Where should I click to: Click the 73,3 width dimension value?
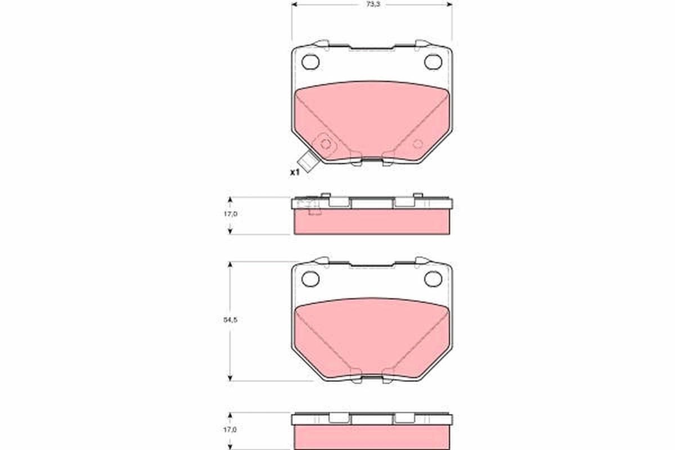tap(372, 4)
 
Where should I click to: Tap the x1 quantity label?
tap(294, 172)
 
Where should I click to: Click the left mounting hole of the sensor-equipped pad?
tap(310, 61)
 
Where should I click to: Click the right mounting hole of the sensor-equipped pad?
tap(433, 61)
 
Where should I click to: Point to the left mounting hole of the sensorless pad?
tap(310, 278)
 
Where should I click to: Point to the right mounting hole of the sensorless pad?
tap(433, 278)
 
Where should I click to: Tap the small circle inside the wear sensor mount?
tap(325, 143)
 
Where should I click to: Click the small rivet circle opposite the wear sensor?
tap(417, 143)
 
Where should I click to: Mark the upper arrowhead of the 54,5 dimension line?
tap(229, 264)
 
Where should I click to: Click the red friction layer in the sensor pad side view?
tap(372, 222)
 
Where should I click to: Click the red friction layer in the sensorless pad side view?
tap(372, 437)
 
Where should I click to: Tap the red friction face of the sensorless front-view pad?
tap(372, 337)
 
